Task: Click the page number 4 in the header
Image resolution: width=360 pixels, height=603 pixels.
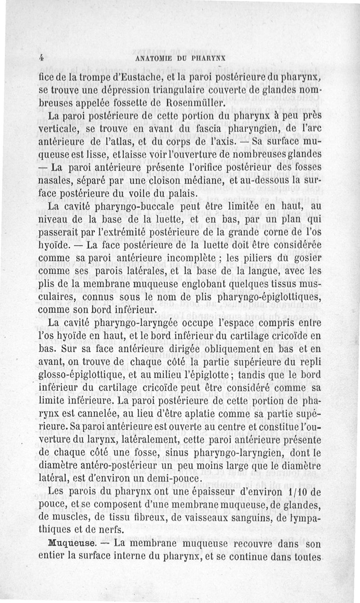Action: (40, 57)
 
